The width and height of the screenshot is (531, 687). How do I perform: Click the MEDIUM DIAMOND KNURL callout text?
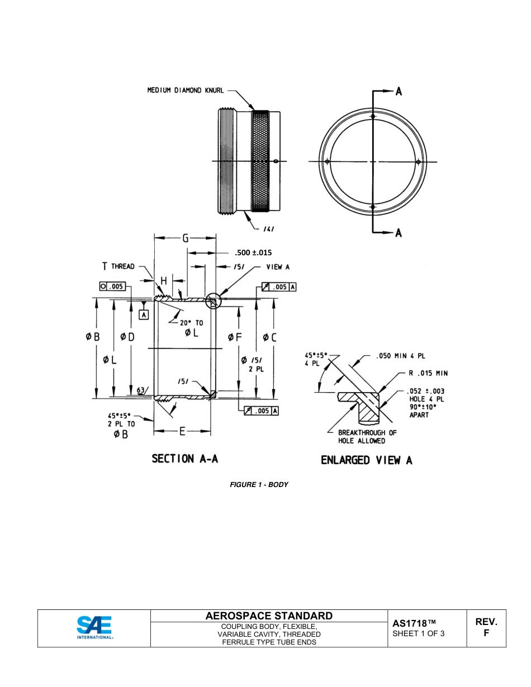tap(185, 90)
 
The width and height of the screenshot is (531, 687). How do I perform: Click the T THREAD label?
tap(118, 266)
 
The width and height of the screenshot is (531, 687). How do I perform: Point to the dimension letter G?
tap(185, 238)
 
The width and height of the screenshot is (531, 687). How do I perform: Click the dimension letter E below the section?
tap(182, 431)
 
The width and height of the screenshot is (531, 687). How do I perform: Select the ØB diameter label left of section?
tap(93, 337)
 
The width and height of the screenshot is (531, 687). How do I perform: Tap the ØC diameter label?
tap(269, 337)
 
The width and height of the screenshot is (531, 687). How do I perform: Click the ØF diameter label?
tap(235, 337)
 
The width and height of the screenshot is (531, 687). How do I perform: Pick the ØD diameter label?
tap(127, 337)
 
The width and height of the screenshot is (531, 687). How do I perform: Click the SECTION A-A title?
tap(184, 459)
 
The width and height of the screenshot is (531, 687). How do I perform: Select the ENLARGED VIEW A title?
tap(366, 460)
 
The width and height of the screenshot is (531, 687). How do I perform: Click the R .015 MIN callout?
tap(428, 373)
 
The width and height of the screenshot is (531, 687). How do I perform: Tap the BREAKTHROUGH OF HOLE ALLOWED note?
tap(367, 437)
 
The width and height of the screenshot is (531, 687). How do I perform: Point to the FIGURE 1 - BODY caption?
tap(259, 484)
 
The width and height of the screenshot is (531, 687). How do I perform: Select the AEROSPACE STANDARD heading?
tap(269, 616)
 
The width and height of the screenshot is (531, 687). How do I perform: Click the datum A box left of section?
tap(144, 315)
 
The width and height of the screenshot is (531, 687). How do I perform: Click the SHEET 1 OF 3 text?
tap(419, 633)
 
